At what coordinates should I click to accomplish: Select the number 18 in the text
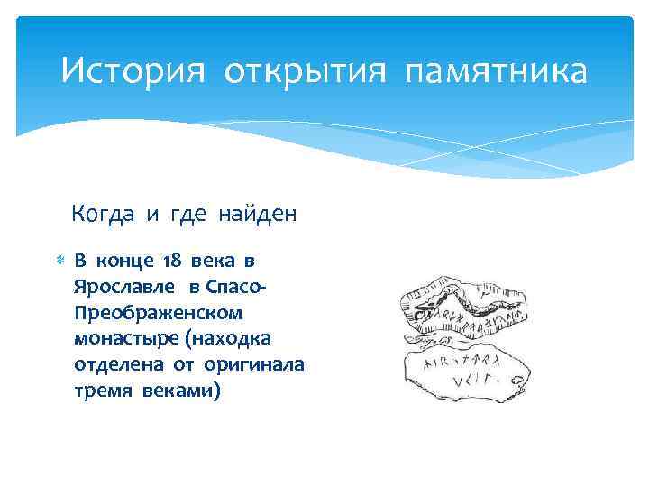click(171, 262)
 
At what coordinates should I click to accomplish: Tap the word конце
click(126, 262)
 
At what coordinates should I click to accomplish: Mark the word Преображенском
click(159, 312)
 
